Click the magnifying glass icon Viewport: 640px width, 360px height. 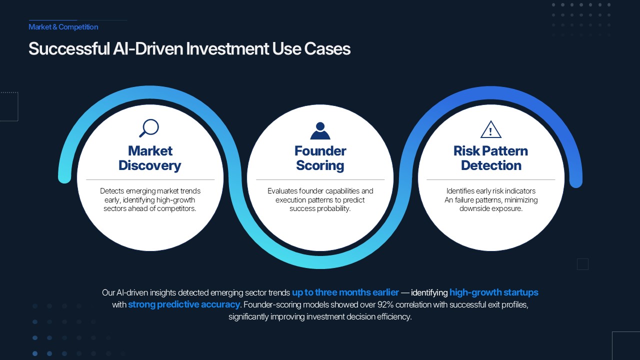148,128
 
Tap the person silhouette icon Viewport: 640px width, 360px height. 320,130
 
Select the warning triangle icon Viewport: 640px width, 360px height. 490,129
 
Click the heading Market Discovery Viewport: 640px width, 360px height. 150,158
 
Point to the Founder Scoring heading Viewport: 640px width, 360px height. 320,158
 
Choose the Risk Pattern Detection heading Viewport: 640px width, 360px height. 490,158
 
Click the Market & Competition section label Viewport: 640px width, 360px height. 63,27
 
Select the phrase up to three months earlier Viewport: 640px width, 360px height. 345,292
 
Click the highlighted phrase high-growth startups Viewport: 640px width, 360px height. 493,292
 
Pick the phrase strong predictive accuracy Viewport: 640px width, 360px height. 184,304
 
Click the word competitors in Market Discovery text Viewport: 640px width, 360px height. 175,208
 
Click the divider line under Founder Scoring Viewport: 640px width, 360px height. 320,179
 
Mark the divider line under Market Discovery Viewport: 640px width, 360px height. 150,179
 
